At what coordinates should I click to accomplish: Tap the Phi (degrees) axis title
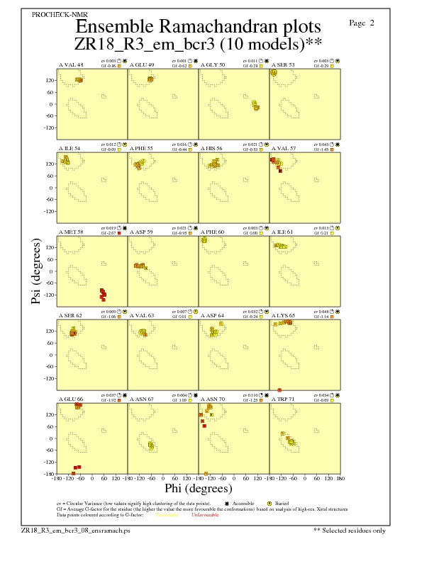coord(198,488)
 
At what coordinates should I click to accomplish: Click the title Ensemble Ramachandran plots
coord(198,27)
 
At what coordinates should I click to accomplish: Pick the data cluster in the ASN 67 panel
coord(151,445)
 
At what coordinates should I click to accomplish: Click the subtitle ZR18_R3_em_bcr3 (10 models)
coord(198,44)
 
